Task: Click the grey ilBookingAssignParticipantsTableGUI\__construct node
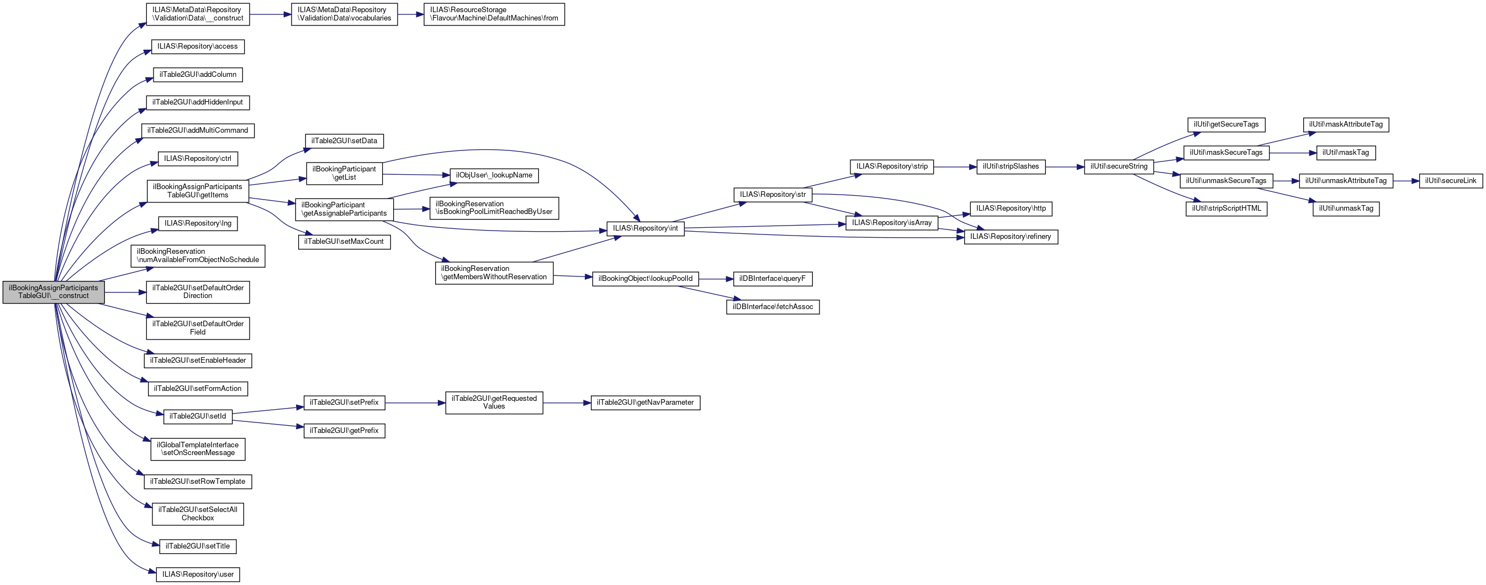53,291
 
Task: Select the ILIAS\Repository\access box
197,46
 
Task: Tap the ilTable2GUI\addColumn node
197,75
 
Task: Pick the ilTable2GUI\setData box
344,141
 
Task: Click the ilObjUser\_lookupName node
494,175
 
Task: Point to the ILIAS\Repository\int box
645,228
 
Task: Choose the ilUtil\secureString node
1119,166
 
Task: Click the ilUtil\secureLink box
1450,181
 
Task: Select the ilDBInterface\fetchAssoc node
773,307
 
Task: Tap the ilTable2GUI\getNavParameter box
645,403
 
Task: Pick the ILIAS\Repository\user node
197,574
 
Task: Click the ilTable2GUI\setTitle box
197,546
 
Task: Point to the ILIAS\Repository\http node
1011,208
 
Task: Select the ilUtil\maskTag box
1345,153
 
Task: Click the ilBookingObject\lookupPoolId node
645,279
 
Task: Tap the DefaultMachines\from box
494,14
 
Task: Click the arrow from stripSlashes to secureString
1064,167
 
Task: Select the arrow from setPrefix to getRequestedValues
415,403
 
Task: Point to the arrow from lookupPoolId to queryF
715,279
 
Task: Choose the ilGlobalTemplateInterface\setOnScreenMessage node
197,449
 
